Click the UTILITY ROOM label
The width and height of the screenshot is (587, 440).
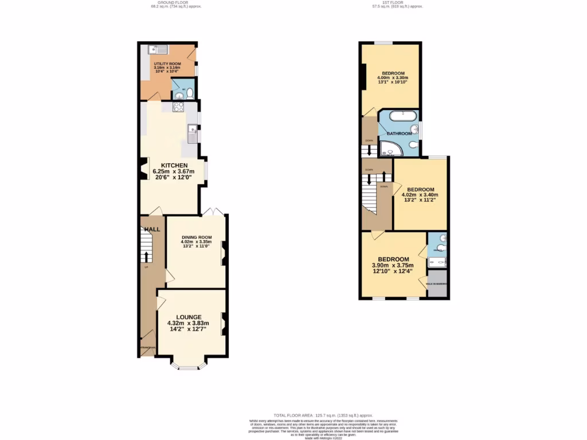point(167,64)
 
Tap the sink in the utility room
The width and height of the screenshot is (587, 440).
point(155,49)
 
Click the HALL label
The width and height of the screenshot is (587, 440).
point(152,229)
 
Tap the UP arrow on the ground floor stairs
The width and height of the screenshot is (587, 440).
point(146,257)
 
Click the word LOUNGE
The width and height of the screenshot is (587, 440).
point(189,317)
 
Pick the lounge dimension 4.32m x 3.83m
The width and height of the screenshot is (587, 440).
point(188,323)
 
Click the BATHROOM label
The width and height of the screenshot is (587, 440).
point(399,133)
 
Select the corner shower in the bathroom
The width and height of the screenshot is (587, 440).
point(393,149)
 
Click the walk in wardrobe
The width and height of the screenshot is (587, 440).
point(437,287)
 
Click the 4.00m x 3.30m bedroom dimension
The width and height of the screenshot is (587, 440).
point(393,78)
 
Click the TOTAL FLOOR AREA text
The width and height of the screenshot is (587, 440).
point(323,415)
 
